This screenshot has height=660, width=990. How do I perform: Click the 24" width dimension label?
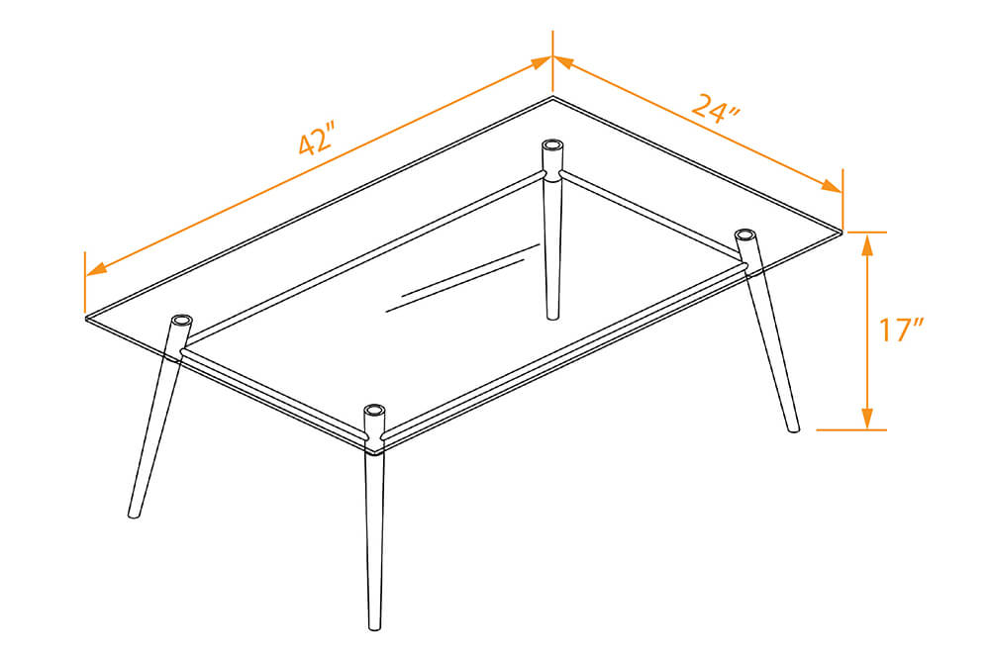point(716,107)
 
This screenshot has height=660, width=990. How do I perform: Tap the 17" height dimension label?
point(901,330)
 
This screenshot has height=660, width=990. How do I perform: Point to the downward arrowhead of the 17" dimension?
point(867,420)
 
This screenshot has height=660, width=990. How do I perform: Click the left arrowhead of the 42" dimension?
point(94,267)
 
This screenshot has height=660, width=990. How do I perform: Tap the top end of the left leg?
point(182,321)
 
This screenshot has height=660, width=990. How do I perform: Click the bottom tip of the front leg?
point(374,626)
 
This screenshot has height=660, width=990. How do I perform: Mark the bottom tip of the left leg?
point(134,514)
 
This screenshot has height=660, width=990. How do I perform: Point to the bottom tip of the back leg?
point(551,317)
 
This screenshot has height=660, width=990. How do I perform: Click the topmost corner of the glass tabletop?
point(552,98)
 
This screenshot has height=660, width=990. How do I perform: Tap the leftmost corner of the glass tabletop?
point(86,318)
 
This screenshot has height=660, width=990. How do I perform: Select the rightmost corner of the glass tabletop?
point(842,232)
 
